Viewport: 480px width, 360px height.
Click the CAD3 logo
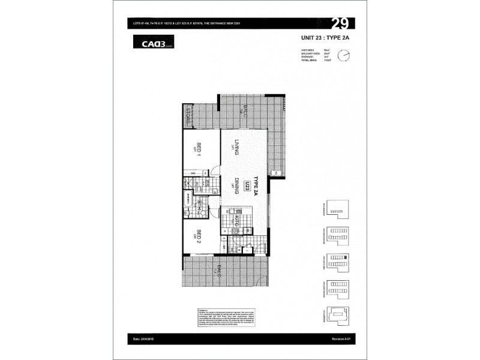point(147,42)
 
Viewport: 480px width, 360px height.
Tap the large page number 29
point(341,25)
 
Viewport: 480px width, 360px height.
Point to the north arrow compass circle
point(344,55)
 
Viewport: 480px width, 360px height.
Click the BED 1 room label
point(196,148)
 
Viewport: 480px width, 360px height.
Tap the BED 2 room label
point(197,236)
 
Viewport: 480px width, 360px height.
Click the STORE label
point(187,115)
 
